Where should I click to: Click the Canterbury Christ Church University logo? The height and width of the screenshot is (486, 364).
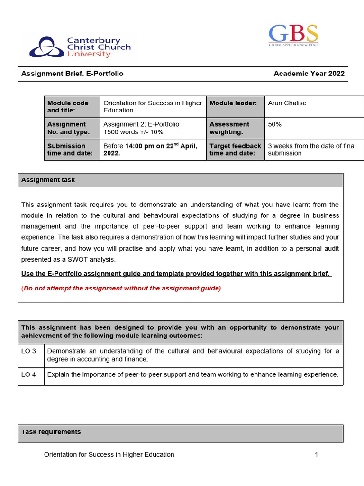pyautogui.click(x=80, y=47)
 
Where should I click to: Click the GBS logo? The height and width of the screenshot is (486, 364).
pyautogui.click(x=293, y=35)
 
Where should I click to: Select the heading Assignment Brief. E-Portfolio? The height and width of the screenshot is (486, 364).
pyautogui.click(x=72, y=74)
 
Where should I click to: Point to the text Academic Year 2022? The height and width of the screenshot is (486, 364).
pyautogui.click(x=309, y=74)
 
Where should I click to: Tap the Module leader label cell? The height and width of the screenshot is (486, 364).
pyautogui.click(x=233, y=103)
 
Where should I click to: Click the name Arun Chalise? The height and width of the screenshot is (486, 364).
pyautogui.click(x=287, y=103)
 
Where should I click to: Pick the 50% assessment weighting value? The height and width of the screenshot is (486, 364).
pyautogui.click(x=274, y=124)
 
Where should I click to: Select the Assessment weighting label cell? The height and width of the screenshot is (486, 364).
pyautogui.click(x=229, y=128)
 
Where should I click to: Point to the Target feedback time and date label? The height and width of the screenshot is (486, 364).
pyautogui.click(x=235, y=150)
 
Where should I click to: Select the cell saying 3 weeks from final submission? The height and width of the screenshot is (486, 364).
pyautogui.click(x=311, y=150)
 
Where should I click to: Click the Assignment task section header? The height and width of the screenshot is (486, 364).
pyautogui.click(x=48, y=180)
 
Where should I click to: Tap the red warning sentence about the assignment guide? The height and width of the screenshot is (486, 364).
pyautogui.click(x=122, y=288)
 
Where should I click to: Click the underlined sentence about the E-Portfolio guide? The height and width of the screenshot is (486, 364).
pyautogui.click(x=176, y=274)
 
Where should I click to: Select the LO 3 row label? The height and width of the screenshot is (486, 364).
pyautogui.click(x=28, y=351)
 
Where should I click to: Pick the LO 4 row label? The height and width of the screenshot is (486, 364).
pyautogui.click(x=28, y=374)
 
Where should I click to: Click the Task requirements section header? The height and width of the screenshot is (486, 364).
pyautogui.click(x=51, y=432)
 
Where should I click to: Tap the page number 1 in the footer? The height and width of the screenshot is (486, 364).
pyautogui.click(x=316, y=455)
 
